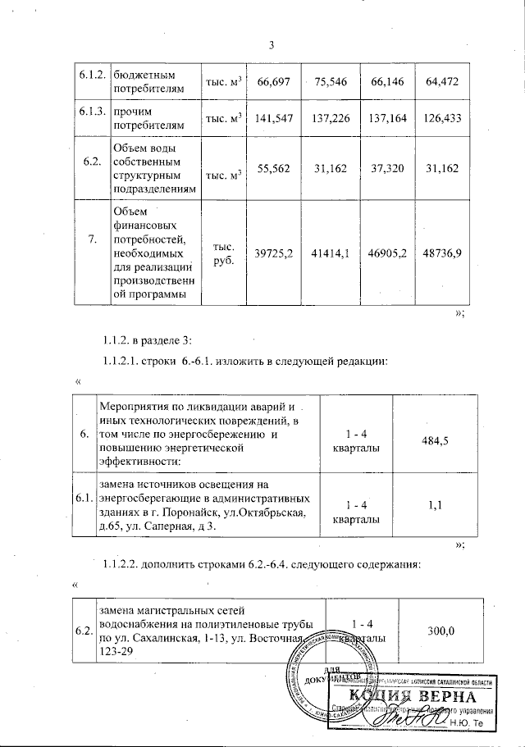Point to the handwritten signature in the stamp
420,719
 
